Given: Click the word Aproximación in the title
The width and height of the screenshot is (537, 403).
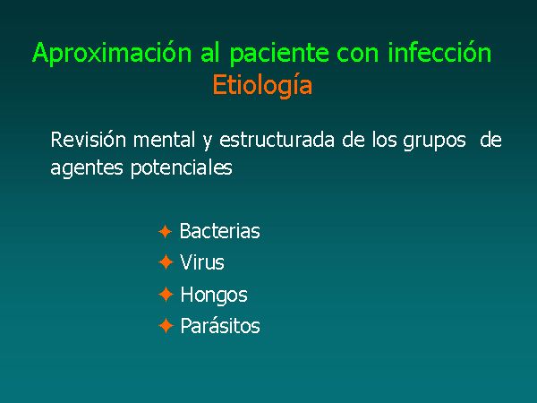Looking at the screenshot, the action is coord(112,54).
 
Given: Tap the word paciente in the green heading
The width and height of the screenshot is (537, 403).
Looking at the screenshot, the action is coord(279,54).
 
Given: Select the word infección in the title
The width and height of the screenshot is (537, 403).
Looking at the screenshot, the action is coord(439,52).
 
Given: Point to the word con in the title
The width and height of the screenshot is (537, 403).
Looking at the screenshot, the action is coord(357,56).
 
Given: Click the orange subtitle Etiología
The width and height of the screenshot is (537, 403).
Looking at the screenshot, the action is coord(262,86).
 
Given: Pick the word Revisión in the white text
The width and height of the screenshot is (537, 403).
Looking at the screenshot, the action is coord(89,140).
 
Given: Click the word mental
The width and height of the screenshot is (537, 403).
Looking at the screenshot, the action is coord(164,140).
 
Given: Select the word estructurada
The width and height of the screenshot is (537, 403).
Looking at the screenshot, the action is coord(277,141).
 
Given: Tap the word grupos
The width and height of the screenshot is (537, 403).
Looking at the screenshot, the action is coord(434,141).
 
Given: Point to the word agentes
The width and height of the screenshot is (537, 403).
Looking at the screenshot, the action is coord(86,168).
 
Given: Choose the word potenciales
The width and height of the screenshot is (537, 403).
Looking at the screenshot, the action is coord(182,168).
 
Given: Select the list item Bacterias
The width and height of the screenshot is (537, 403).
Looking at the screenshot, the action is coord(220,231).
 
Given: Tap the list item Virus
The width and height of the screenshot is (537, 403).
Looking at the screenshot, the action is coord(202,262).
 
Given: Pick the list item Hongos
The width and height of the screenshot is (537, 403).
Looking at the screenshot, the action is coord(214,296).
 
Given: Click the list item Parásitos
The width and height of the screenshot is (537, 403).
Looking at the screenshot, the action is coord(220,325).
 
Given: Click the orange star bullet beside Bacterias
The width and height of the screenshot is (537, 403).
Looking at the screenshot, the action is coord(165,232).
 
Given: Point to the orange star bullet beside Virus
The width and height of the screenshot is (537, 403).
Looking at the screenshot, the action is coord(166,262).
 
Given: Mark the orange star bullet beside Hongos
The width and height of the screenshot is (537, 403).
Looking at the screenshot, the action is coord(166,295).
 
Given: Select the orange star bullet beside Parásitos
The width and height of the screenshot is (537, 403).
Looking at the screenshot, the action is coord(166,326).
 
